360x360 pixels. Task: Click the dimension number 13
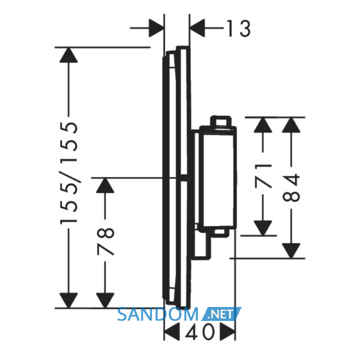point(239,28)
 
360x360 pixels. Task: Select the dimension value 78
point(105,241)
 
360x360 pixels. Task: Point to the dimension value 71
point(263,175)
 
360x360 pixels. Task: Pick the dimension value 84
point(291,188)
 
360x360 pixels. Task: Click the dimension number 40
point(200,332)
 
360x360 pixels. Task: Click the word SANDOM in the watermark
point(158,314)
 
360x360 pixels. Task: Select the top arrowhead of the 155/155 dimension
point(68,55)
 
